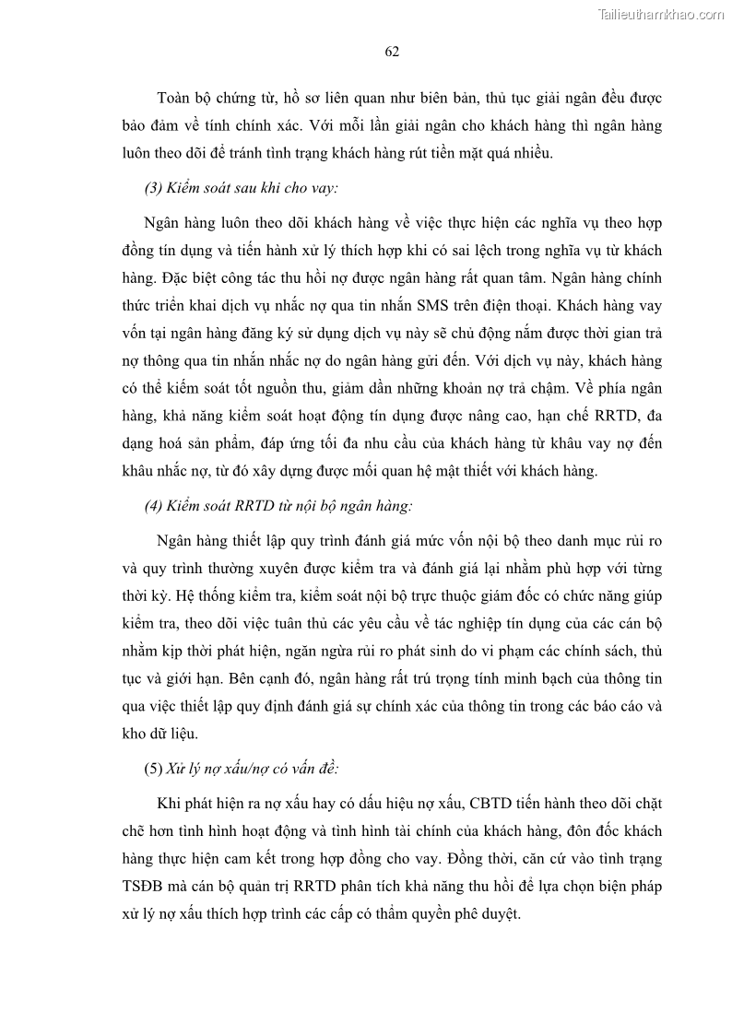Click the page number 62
(391, 52)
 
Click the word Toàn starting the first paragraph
(175, 98)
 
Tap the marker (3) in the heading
(153, 188)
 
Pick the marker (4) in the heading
(153, 506)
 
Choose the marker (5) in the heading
(153, 768)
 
